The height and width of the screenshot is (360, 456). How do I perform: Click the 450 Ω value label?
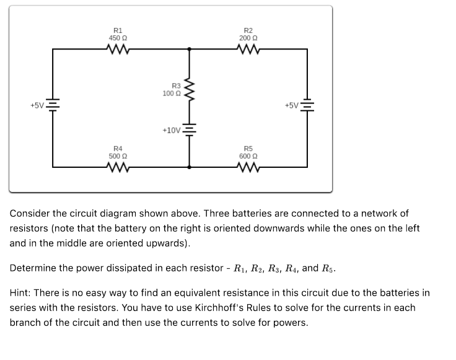[118, 38]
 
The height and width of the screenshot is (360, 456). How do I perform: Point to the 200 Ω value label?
[248, 38]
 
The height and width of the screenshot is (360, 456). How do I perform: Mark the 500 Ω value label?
[118, 156]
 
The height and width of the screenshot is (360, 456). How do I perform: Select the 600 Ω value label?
[248, 156]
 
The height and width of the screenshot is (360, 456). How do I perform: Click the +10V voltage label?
[170, 131]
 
